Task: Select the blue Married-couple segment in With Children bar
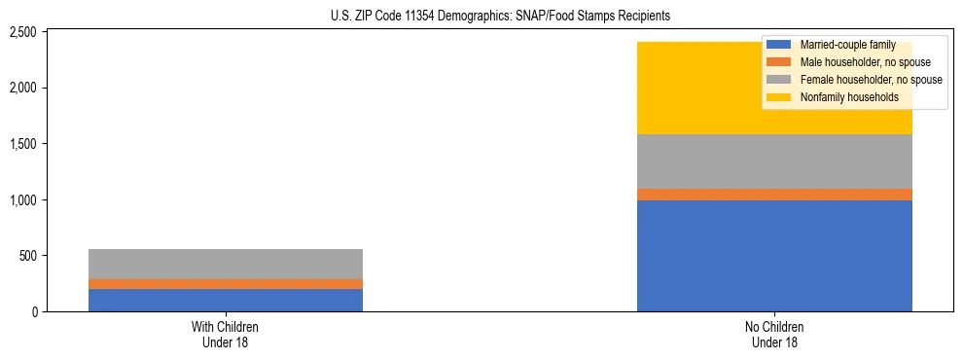pyautogui.click(x=225, y=300)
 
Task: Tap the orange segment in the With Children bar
pyautogui.click(x=225, y=284)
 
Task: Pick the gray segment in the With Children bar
pyautogui.click(x=225, y=264)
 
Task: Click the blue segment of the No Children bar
pyautogui.click(x=774, y=255)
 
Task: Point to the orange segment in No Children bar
pyautogui.click(x=774, y=195)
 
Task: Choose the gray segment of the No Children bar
pyautogui.click(x=774, y=162)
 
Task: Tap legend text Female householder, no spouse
pyautogui.click(x=871, y=79)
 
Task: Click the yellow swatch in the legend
pyautogui.click(x=779, y=96)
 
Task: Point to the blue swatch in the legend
pyautogui.click(x=779, y=45)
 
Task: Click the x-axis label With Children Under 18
pyautogui.click(x=225, y=334)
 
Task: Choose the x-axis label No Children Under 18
pyautogui.click(x=774, y=334)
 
